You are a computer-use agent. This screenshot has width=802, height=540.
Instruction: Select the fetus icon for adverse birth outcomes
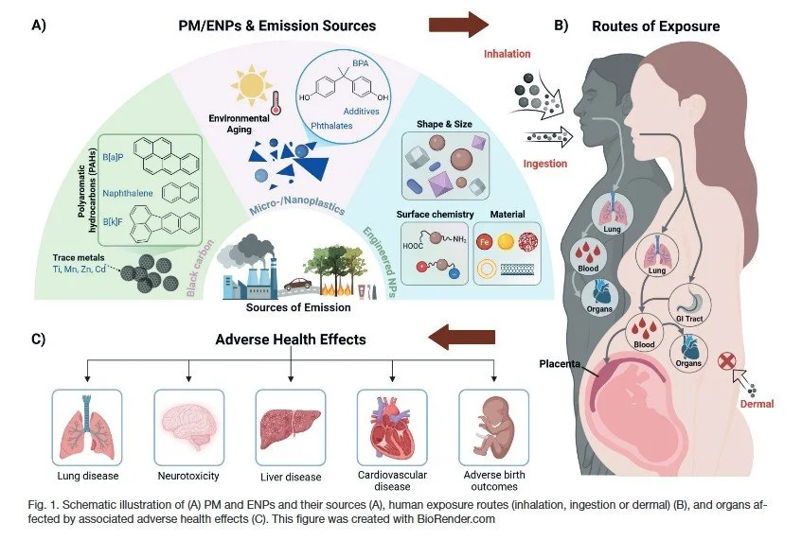491,422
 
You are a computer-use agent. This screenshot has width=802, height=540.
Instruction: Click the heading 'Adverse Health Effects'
293,340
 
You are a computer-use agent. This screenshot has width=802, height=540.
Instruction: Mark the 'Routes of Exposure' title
654,26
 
